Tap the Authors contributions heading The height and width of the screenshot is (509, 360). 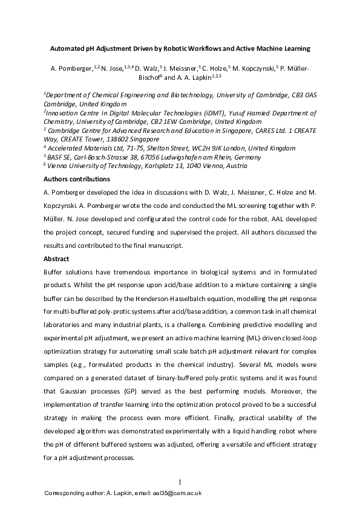pos(76,179)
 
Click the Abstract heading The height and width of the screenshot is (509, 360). pos(56,258)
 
